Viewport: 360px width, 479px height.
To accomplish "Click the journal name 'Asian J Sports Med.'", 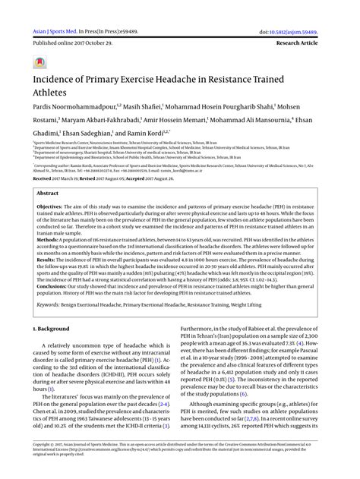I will (x=51, y=12).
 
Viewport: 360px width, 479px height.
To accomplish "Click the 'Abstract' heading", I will (x=47, y=194).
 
